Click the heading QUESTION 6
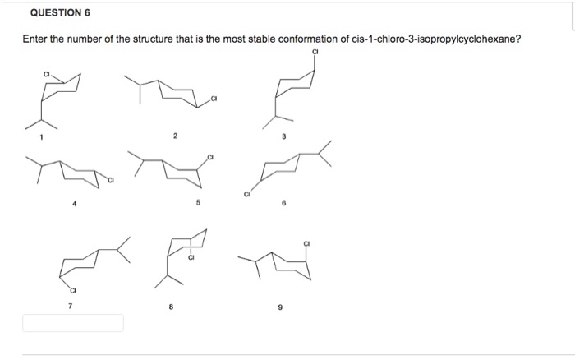61,14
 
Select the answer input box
73,322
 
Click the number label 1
35,136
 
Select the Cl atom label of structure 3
315,54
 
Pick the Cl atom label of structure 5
210,156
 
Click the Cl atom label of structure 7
71,290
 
